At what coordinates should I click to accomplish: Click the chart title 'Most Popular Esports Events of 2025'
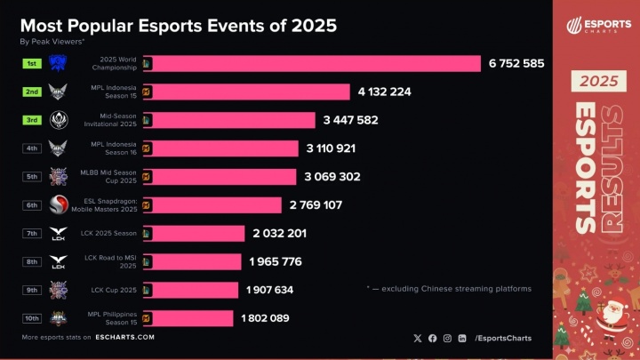[178, 25]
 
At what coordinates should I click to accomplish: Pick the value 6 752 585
[516, 63]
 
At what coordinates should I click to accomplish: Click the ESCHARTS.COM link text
[127, 338]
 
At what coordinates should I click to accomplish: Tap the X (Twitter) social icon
[418, 338]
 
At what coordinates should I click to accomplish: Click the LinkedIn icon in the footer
[461, 338]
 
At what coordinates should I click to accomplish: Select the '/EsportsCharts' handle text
[504, 338]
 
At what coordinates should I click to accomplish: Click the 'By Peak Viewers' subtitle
[52, 41]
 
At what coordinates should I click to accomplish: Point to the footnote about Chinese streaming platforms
[449, 289]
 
